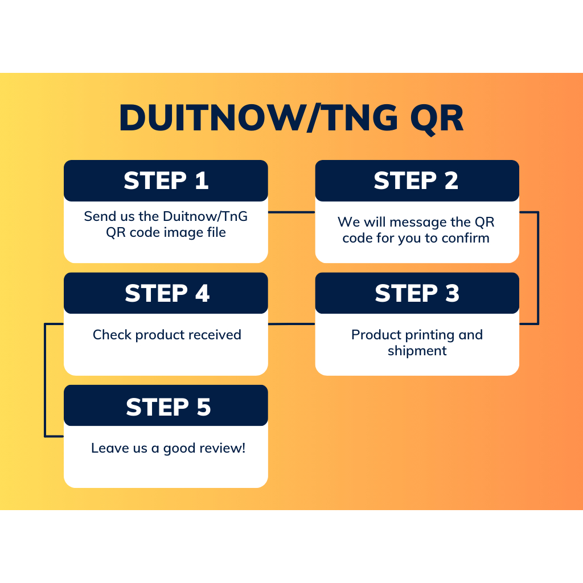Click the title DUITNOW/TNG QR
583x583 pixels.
(x=291, y=118)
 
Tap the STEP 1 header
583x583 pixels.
(x=166, y=180)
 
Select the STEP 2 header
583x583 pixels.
(x=416, y=180)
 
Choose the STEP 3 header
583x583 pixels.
(x=417, y=293)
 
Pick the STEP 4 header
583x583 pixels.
(x=167, y=293)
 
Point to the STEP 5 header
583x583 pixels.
(x=168, y=407)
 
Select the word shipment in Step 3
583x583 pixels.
(x=417, y=351)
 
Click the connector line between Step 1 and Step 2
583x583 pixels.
(x=291, y=212)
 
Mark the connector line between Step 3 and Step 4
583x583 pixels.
(x=291, y=324)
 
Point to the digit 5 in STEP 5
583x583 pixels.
(x=202, y=407)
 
